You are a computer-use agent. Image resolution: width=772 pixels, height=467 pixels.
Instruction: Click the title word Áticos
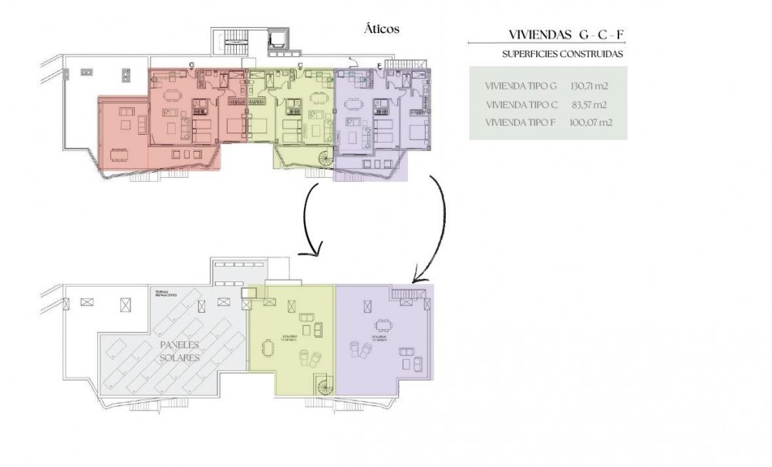click(x=380, y=29)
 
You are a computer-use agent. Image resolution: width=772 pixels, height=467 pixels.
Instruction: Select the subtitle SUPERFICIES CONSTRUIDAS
click(x=561, y=55)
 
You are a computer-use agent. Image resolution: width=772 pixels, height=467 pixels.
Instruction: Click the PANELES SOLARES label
click(x=180, y=351)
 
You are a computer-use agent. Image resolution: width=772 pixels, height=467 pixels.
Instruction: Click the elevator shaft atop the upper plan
click(x=276, y=41)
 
